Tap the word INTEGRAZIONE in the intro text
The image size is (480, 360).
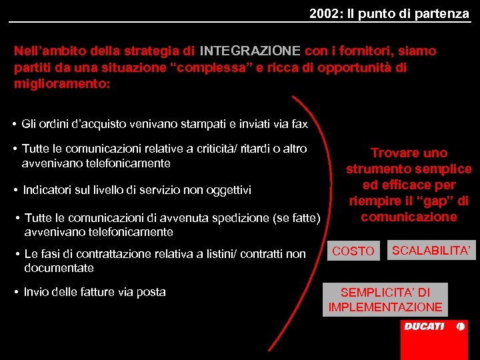(x=250, y=51)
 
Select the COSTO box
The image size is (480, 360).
(x=353, y=251)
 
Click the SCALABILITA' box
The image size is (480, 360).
(x=432, y=250)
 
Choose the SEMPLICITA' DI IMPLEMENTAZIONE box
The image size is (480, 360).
(x=385, y=299)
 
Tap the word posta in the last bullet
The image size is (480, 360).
(x=153, y=291)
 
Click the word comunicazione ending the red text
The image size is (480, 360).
(x=409, y=217)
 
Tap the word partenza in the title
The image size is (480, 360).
(x=444, y=13)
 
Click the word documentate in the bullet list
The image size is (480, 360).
(x=59, y=268)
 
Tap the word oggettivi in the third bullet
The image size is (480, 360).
(x=228, y=190)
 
